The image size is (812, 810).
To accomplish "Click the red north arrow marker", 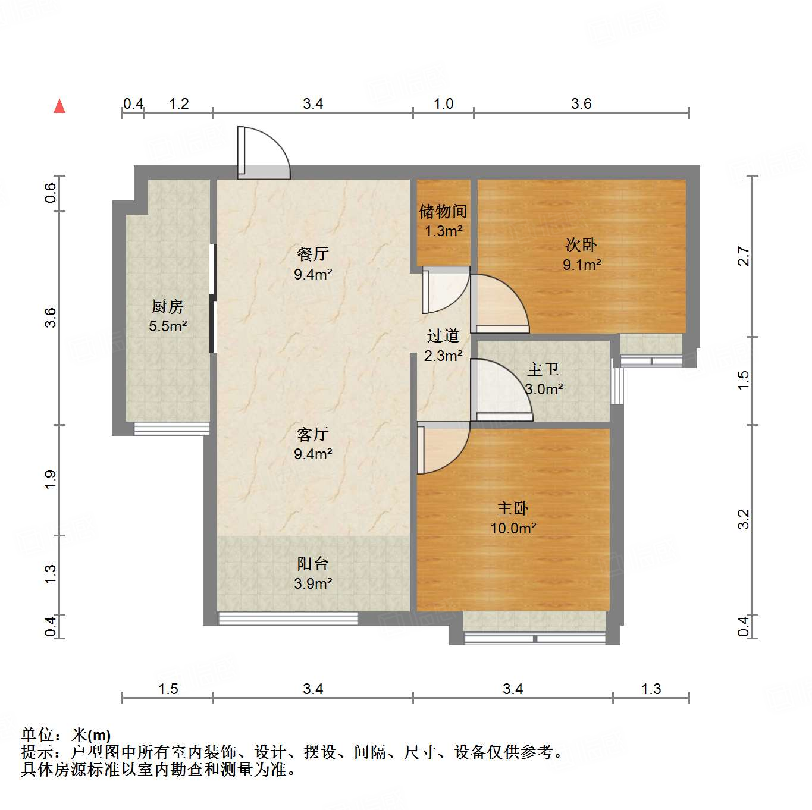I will [x=59, y=106].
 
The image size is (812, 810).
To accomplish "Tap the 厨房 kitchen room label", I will [x=168, y=306].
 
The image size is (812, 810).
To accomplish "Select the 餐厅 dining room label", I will [x=313, y=255].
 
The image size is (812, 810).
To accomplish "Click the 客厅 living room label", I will [x=313, y=434].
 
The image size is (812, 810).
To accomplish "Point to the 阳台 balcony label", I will [x=313, y=564].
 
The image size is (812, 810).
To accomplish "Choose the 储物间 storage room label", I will [x=443, y=211].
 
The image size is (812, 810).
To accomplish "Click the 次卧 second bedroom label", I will [x=581, y=245].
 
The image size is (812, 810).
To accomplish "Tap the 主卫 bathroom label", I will [x=543, y=369].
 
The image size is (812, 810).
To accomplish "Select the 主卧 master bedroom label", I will [x=513, y=508].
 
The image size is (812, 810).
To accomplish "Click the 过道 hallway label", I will [x=443, y=336].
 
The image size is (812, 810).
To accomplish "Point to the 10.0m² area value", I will [x=513, y=528].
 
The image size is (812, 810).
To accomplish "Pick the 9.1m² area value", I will [x=582, y=265].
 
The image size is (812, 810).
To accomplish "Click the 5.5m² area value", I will [x=168, y=326].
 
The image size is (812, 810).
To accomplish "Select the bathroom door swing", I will [x=500, y=390].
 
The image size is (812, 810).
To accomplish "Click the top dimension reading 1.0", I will [x=443, y=104].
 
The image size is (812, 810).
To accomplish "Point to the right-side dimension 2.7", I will [x=744, y=256].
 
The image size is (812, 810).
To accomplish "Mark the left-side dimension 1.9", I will [x=51, y=479].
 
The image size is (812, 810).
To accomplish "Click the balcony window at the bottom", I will [x=288, y=619].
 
